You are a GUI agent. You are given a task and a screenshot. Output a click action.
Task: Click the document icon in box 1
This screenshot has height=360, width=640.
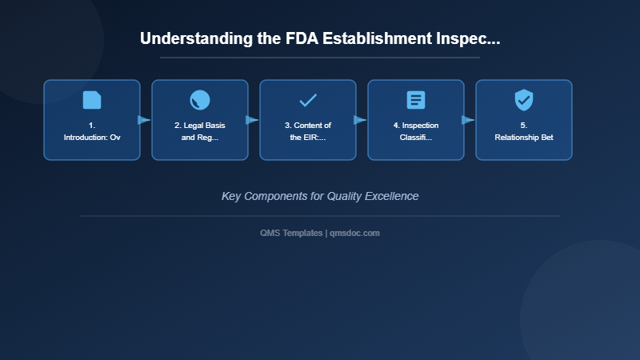92,100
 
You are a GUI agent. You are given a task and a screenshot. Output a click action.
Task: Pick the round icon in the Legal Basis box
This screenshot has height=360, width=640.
200,100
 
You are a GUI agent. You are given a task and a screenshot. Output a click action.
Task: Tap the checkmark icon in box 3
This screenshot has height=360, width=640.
308,100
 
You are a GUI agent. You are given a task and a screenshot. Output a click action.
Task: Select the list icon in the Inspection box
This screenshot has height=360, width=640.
416,100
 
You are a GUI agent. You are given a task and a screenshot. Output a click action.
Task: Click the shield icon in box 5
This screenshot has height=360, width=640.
524,100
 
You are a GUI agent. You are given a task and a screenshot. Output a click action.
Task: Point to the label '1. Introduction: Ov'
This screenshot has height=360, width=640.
92,131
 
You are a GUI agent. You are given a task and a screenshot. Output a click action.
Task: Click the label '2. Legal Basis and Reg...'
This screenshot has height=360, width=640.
200,131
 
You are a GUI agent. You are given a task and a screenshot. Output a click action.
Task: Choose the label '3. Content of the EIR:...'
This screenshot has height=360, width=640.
308,131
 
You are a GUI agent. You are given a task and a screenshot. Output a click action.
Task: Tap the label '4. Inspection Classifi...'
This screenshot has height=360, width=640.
416,131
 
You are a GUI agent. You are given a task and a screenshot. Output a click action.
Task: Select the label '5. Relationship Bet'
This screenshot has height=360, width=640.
524,131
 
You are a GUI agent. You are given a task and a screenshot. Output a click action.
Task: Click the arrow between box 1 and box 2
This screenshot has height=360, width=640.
145,120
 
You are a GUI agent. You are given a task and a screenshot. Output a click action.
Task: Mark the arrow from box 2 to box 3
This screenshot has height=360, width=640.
253,120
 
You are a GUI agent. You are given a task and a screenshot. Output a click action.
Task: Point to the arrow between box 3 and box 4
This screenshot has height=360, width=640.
361,120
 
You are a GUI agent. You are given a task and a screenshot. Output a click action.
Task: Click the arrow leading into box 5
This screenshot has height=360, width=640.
469,120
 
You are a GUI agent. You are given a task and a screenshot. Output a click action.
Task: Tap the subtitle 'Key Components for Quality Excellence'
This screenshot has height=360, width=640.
320,196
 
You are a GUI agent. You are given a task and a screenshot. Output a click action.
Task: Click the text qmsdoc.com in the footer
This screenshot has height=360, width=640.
355,233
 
